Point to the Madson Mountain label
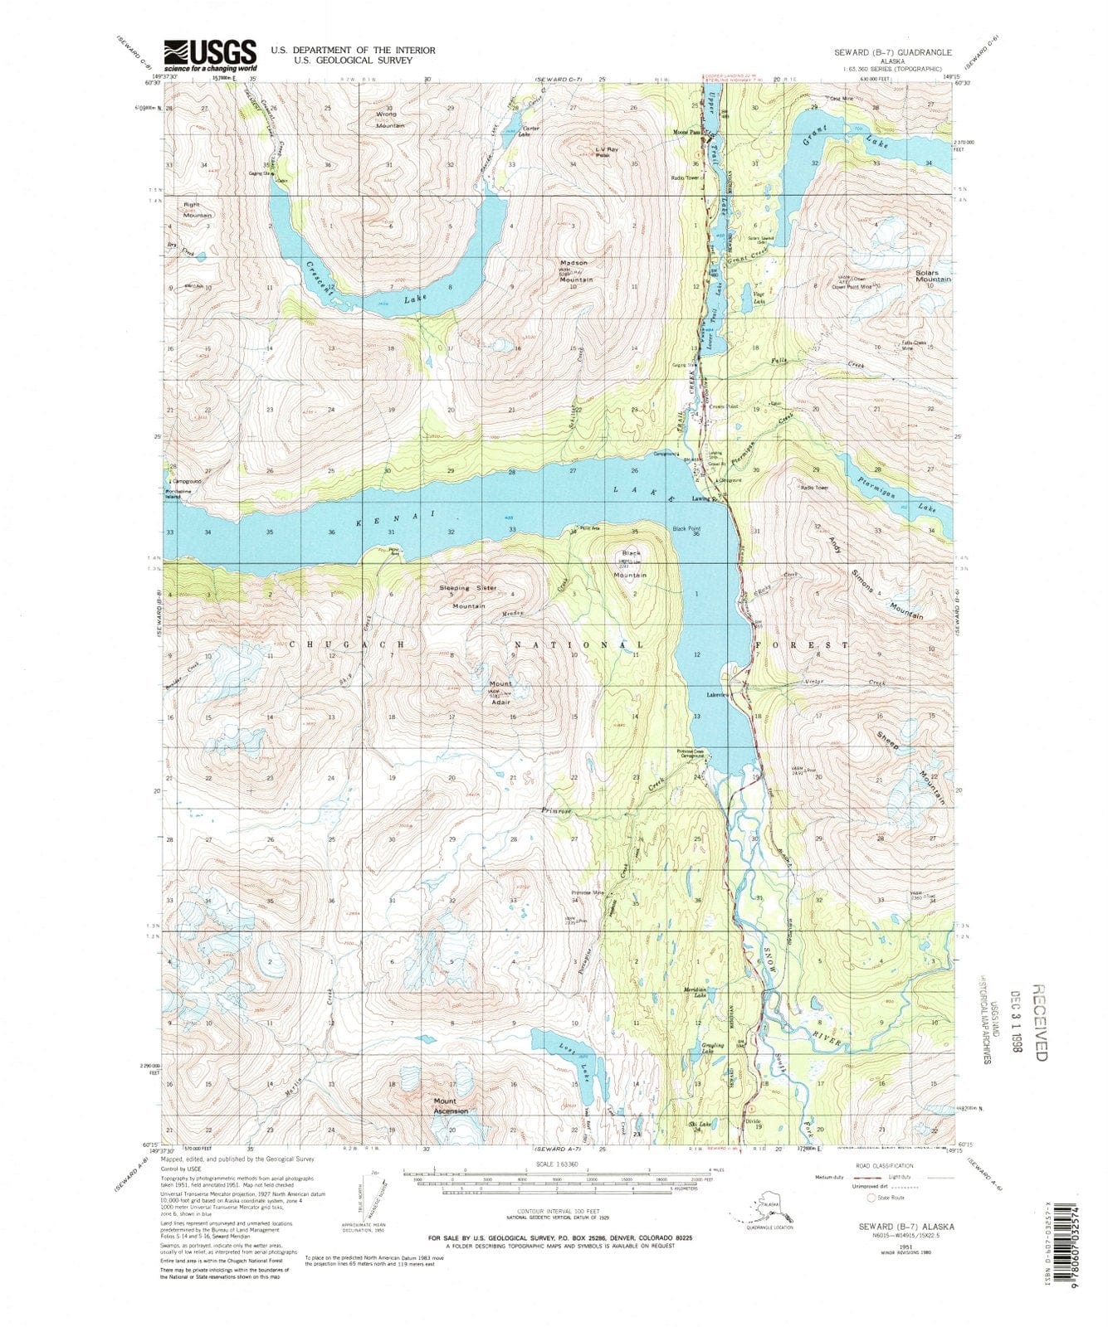tap(575, 271)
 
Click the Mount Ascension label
tap(451, 1106)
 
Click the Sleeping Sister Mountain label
tap(469, 596)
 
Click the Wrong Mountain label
tap(388, 119)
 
